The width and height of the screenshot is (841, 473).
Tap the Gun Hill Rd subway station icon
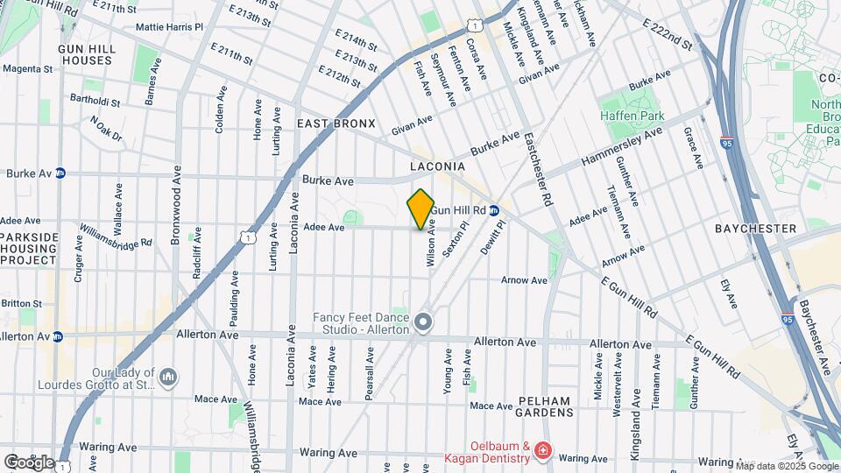pos(494,210)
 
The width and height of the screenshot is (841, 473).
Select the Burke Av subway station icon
pos(60,173)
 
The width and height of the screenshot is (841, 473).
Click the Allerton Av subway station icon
pos(57,336)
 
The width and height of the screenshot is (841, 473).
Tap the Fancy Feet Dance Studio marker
pos(423,323)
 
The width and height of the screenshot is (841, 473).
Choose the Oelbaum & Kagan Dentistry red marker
pos(543,450)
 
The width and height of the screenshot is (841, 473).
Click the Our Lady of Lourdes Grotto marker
pos(168,377)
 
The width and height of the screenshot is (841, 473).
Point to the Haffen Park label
pos(632,116)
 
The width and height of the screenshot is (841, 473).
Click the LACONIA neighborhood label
pos(436,166)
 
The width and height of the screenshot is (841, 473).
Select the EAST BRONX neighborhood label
pos(336,124)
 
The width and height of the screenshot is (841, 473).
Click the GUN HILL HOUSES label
pos(86,54)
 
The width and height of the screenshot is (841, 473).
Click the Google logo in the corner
pos(29,462)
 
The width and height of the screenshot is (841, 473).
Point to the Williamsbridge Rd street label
pos(116,236)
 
